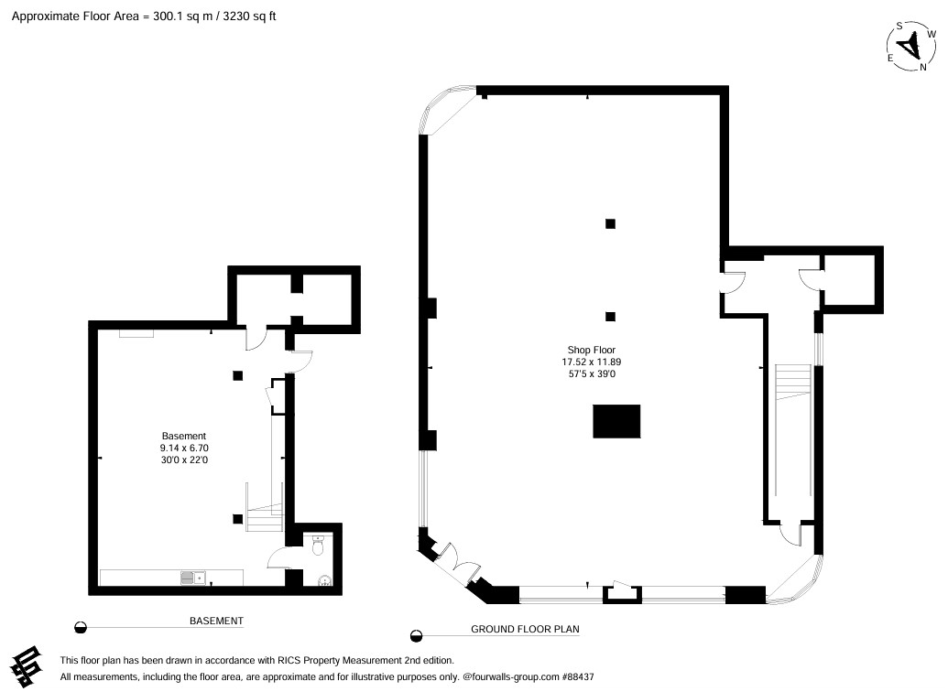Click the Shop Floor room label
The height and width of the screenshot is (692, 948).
pyautogui.click(x=592, y=350)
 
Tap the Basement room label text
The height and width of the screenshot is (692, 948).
pyautogui.click(x=184, y=436)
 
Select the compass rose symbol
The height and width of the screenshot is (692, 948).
pyautogui.click(x=911, y=47)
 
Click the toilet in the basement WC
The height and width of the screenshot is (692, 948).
pyautogui.click(x=318, y=546)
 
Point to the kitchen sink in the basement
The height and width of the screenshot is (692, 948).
pyautogui.click(x=193, y=578)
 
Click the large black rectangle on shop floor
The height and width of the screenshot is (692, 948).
pyautogui.click(x=616, y=421)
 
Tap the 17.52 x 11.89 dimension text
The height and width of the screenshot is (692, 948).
pyautogui.click(x=592, y=362)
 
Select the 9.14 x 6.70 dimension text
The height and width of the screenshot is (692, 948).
pyautogui.click(x=184, y=448)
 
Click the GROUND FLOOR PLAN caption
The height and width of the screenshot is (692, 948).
pyautogui.click(x=525, y=629)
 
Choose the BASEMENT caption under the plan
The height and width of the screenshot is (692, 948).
pyautogui.click(x=216, y=621)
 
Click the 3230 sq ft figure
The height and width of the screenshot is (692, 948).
pyautogui.click(x=249, y=16)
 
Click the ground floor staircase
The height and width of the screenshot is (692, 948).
pyautogui.click(x=792, y=383)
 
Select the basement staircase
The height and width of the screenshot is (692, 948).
pyautogui.click(x=264, y=508)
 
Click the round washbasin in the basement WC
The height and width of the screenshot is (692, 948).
pyautogui.click(x=324, y=581)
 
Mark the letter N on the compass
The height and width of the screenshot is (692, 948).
pyautogui.click(x=923, y=67)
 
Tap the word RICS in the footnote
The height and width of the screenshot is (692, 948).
pyautogui.click(x=289, y=661)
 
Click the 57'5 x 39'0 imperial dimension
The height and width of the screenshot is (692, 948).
pyautogui.click(x=592, y=374)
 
